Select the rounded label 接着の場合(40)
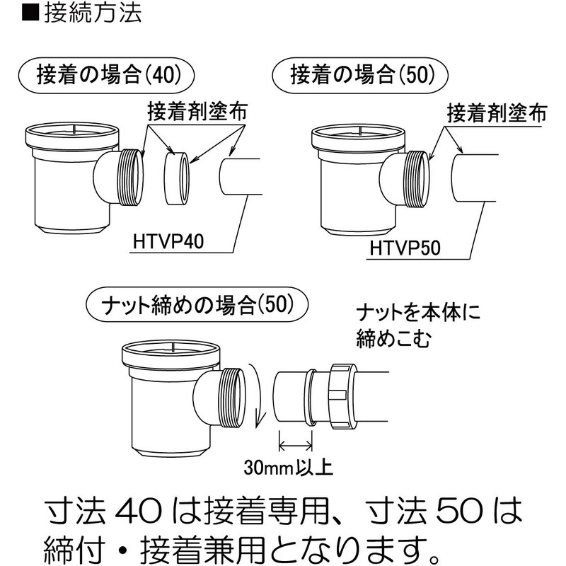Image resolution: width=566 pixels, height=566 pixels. (106, 74)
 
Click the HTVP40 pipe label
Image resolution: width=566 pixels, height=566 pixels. (168, 243)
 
